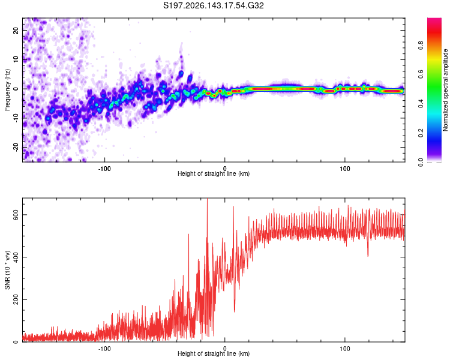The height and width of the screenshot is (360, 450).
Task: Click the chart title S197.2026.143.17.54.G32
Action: click(213, 5)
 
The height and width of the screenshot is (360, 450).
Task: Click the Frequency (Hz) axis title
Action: click(7, 90)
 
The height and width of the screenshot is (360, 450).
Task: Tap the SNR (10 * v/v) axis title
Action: click(7, 270)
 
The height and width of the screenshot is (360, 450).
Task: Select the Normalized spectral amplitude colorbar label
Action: click(445, 90)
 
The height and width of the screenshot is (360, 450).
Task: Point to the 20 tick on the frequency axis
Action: click(16, 31)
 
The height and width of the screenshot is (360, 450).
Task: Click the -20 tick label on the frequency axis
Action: click(16, 148)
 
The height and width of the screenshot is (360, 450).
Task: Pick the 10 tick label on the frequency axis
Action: click(16, 59)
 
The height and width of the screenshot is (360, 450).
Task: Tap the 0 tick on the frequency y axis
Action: click(16, 89)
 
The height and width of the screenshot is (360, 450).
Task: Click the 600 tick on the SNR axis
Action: click(16, 215)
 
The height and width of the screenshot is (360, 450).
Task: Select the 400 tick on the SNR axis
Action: click(16, 257)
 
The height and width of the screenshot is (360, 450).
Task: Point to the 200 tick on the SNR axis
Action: click(16, 299)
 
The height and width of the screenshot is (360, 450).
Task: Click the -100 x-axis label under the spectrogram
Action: click(104, 169)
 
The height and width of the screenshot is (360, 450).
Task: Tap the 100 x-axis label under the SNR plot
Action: click(344, 349)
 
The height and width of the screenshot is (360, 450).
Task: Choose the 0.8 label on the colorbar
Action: click(421, 46)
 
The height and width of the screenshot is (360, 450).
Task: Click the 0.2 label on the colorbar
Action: click(421, 133)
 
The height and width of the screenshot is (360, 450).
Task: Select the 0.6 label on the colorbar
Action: click(421, 74)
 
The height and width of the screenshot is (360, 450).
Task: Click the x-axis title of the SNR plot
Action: click(214, 353)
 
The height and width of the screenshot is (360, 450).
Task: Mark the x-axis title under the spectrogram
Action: click(214, 173)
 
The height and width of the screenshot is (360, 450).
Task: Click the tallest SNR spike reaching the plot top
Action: click(207, 199)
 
